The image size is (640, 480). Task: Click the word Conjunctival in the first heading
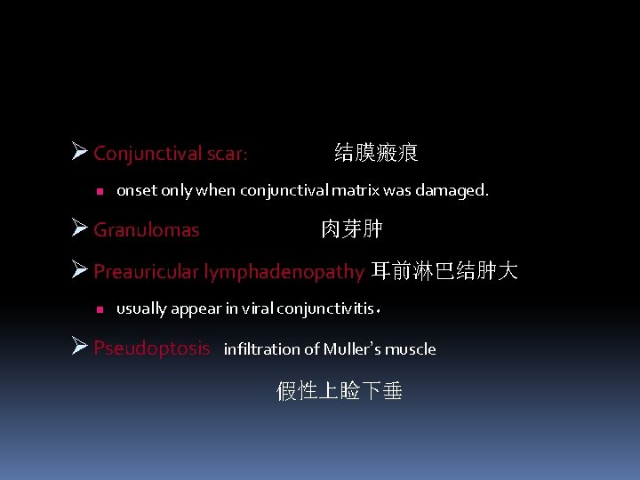tap(147, 154)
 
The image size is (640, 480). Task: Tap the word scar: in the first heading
tap(227, 154)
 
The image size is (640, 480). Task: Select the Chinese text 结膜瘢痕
tap(376, 152)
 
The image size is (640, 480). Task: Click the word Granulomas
tap(147, 230)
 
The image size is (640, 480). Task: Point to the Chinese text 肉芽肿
tap(352, 229)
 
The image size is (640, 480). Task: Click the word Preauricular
tap(146, 271)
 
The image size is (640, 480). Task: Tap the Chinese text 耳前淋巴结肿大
tap(444, 270)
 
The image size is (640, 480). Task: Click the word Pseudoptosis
tap(152, 348)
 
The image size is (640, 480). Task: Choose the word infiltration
tap(264, 348)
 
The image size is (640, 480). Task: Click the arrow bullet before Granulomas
tap(78, 229)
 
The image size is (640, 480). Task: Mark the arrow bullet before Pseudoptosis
tap(78, 347)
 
